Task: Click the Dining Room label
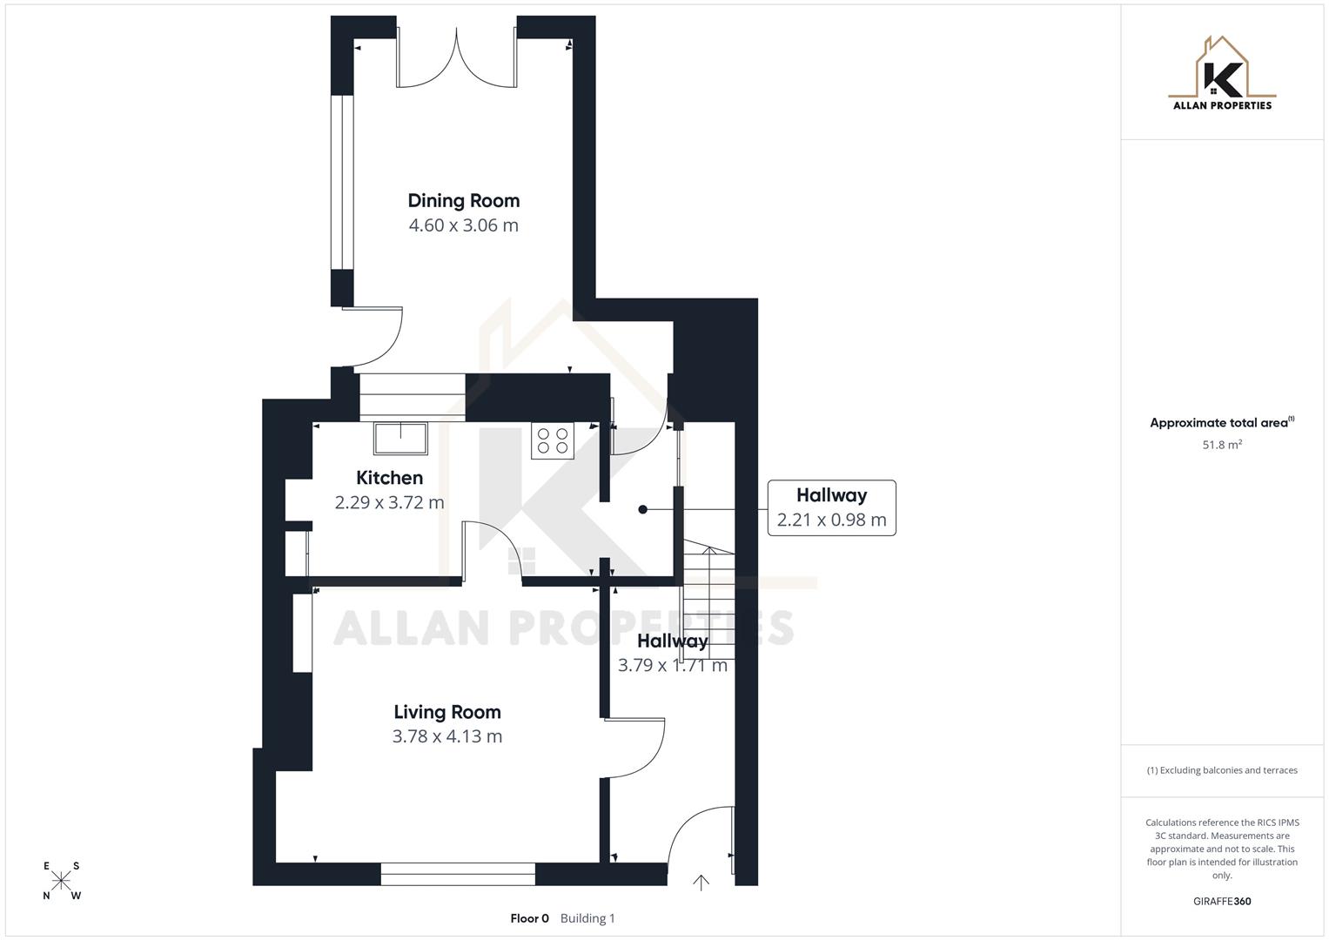463,201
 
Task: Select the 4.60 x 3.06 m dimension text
463,225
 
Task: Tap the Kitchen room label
389,478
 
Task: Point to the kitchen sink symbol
400,438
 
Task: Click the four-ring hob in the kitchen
553,440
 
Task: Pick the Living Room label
446,712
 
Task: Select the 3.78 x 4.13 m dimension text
446,736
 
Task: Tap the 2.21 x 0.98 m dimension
831,520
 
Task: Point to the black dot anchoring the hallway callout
642,510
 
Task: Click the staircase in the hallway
708,601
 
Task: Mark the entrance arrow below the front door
701,883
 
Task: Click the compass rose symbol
61,881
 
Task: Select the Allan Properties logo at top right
1222,73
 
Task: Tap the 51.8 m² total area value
1222,445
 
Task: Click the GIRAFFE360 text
1222,902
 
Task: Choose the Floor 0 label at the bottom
529,918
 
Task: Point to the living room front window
458,874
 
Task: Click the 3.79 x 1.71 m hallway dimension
672,666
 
